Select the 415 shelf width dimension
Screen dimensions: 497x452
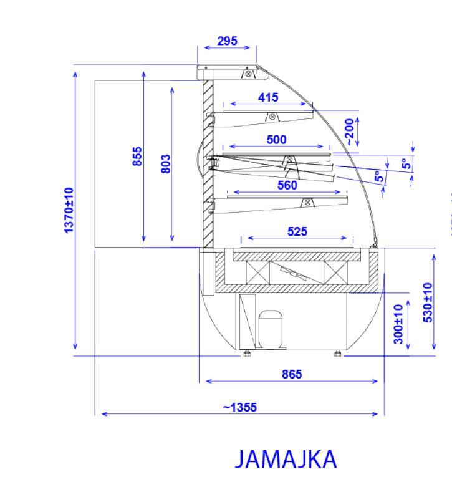coord(269,98)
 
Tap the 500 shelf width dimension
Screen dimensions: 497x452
coord(276,140)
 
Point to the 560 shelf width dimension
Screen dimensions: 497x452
coord(287,185)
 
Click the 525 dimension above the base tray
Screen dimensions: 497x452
coord(296,231)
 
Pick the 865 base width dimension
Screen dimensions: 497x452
coord(291,374)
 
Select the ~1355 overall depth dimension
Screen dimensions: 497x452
coord(239,408)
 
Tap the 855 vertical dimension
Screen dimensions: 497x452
coord(137,157)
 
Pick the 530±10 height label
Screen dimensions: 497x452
coord(428,302)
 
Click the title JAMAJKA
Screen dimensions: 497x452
coord(286,460)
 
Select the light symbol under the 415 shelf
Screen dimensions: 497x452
coord(272,117)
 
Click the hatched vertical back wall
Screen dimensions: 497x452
coord(209,162)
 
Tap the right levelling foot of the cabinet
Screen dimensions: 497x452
coord(338,354)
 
